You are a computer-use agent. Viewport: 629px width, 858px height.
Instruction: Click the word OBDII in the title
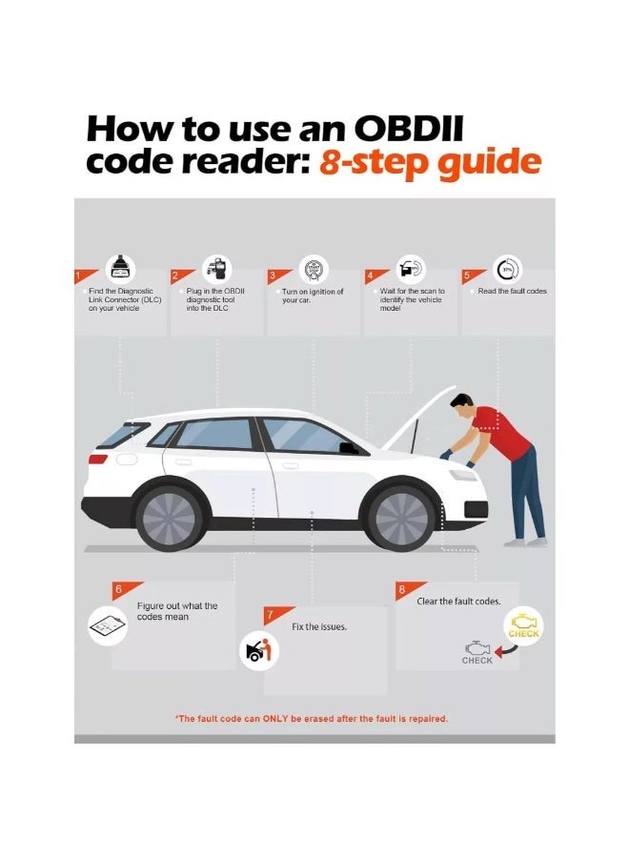(409, 129)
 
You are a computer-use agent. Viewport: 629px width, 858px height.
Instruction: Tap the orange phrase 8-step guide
(430, 162)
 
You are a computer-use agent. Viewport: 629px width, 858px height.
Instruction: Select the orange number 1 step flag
(85, 276)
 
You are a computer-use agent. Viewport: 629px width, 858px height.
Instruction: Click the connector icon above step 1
(120, 268)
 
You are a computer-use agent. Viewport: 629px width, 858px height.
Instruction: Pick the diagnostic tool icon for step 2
(217, 269)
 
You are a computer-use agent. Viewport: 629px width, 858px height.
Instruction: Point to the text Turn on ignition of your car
(313, 296)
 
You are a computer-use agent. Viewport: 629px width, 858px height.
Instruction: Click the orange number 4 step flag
(376, 276)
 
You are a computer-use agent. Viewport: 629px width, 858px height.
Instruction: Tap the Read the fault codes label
(512, 291)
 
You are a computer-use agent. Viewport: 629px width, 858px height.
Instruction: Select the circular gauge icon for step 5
(508, 269)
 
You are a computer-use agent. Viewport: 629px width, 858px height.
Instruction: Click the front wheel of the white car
(402, 518)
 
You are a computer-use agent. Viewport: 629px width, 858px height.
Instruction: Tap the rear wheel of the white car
(169, 518)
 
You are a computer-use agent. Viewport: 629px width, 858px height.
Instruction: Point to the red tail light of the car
(98, 459)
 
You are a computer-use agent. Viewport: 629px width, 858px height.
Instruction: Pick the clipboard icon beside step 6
(108, 625)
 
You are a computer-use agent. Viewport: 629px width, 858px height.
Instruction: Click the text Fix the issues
(319, 626)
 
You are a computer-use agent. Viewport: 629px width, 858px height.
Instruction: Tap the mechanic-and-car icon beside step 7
(259, 650)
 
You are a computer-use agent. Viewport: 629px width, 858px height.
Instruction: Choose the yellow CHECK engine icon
(523, 626)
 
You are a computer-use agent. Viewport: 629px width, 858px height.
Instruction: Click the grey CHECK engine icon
(477, 652)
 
